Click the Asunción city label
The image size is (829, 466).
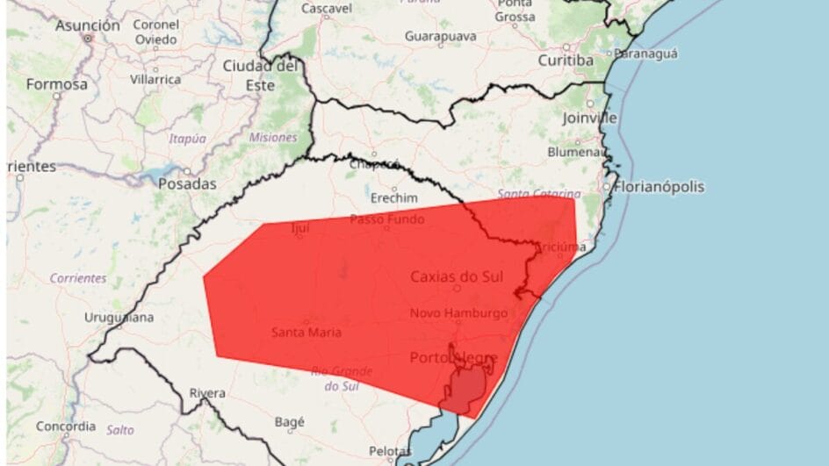click(x=88, y=25)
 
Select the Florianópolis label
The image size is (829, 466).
click(x=660, y=187)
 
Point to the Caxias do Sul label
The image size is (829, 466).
click(x=457, y=277)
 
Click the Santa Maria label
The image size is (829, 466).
click(x=306, y=332)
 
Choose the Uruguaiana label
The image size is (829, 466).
click(x=119, y=317)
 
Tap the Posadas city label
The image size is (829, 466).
click(x=187, y=184)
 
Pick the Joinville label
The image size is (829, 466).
click(x=590, y=118)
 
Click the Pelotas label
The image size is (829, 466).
click(x=390, y=451)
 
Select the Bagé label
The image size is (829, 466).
click(x=289, y=422)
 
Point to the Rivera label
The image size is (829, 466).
click(x=207, y=394)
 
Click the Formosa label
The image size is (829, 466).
click(x=56, y=84)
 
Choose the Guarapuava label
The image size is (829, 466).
click(x=441, y=36)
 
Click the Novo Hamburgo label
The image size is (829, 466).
click(x=458, y=313)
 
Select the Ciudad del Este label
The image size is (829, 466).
click(x=261, y=75)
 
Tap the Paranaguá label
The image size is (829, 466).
click(x=645, y=54)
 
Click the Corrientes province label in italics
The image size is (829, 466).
click(x=77, y=278)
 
